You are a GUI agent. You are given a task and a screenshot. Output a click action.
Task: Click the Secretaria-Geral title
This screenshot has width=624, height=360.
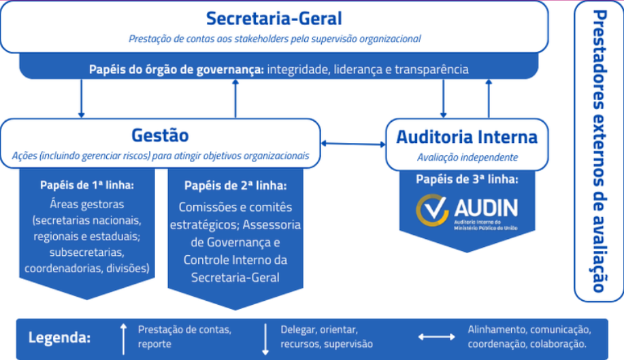pyautogui.click(x=274, y=18)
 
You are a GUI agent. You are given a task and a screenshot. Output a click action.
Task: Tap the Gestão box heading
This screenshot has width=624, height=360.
pyautogui.click(x=160, y=134)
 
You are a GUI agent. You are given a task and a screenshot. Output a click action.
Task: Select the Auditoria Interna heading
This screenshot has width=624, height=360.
pyautogui.click(x=466, y=137)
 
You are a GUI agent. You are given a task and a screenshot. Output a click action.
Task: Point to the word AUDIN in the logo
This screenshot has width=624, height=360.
pyautogui.click(x=485, y=207)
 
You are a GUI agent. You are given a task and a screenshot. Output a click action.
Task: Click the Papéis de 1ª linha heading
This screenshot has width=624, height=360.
pyautogui.click(x=86, y=184)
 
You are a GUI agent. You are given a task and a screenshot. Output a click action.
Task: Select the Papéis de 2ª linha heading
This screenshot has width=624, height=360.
pyautogui.click(x=235, y=185)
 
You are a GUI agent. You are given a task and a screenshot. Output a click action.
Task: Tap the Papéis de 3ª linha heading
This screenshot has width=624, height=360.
pyautogui.click(x=466, y=180)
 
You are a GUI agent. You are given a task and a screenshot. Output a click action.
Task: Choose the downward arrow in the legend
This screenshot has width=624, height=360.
pyautogui.click(x=265, y=338)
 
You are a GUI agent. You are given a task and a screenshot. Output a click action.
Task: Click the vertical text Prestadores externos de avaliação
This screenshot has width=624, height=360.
pyautogui.click(x=599, y=150)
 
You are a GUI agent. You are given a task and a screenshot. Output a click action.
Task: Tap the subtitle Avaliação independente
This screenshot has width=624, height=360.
pyautogui.click(x=467, y=157)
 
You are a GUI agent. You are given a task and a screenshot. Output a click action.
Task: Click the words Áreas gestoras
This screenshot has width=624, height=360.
pyautogui.click(x=86, y=204)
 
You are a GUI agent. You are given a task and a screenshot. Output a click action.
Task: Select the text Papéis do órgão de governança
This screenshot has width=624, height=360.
pyautogui.click(x=176, y=69)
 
